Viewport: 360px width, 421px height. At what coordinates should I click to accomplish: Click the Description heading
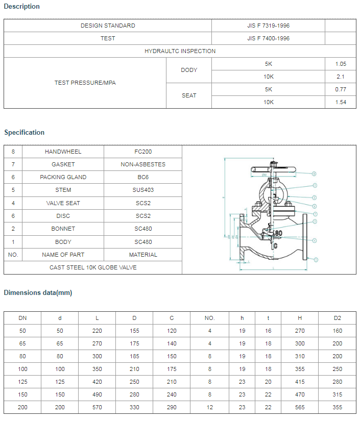[x=22, y=7]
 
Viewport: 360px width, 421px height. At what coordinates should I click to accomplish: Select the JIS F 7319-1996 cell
[x=268, y=26]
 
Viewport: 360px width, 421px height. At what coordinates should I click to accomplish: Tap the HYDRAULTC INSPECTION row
[x=180, y=51]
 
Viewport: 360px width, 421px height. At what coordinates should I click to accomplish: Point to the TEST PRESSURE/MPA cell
[x=85, y=83]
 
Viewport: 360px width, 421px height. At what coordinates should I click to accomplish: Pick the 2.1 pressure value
[x=341, y=77]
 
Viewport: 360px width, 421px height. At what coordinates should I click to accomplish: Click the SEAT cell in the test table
[x=188, y=95]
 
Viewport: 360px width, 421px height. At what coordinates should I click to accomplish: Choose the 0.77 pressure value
[x=341, y=89]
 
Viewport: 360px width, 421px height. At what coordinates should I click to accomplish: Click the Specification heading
[x=25, y=133]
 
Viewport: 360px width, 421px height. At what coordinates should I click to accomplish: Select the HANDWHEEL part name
[x=63, y=152]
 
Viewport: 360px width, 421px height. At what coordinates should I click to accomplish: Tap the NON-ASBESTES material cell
[x=143, y=164]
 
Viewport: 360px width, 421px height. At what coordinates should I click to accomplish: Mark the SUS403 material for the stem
[x=143, y=190]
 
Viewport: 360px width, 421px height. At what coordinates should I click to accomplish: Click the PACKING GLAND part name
[x=63, y=177]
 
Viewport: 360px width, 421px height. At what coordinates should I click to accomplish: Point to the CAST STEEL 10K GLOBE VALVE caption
[x=93, y=267]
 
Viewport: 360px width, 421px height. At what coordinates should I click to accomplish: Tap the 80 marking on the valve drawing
[x=278, y=233]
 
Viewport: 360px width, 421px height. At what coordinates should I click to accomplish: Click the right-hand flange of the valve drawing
[x=304, y=237]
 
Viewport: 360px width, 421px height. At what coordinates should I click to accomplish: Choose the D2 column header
[x=338, y=318]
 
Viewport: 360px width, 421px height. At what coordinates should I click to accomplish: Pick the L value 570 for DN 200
[x=97, y=407]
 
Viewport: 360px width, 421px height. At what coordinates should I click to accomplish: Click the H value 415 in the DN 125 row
[x=300, y=382]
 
